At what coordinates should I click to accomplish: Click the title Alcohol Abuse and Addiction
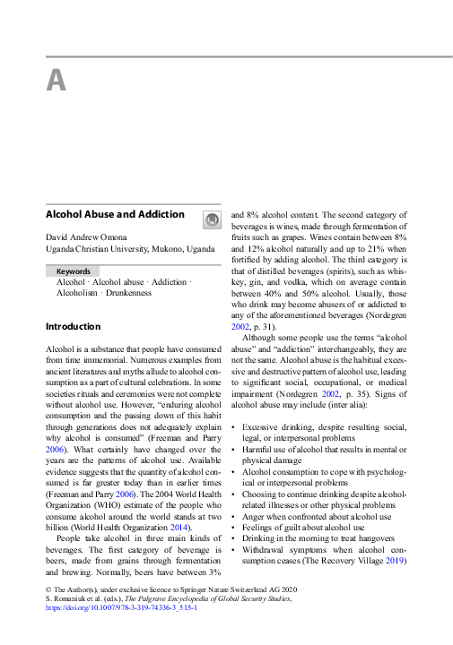[x=115, y=215]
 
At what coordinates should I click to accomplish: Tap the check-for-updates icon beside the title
[x=212, y=219]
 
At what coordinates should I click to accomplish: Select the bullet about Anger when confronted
[x=304, y=516]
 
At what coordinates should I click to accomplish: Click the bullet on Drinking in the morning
[x=313, y=541]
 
